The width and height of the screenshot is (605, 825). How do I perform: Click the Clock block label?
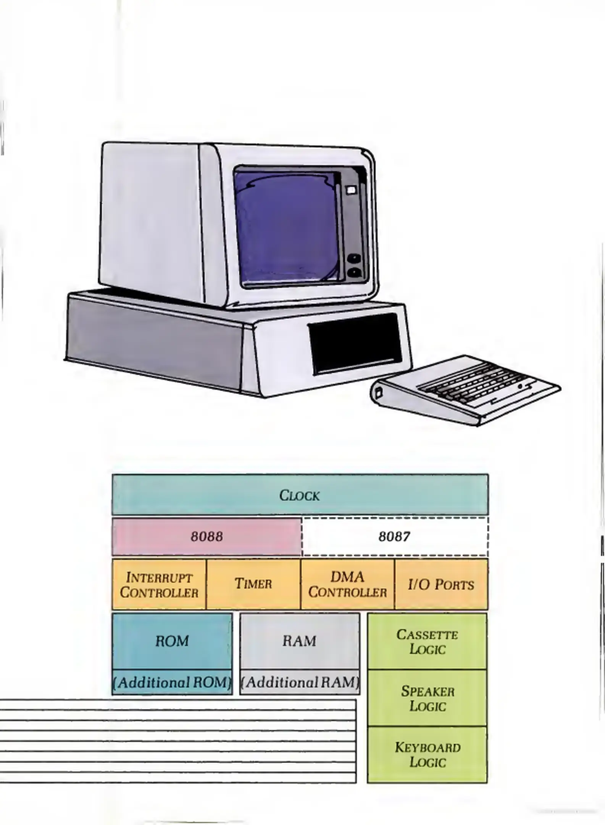coord(300,495)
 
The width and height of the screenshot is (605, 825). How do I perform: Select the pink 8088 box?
coord(207,536)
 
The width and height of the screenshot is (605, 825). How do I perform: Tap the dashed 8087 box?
coord(394,536)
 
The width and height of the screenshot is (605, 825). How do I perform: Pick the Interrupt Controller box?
coord(159,584)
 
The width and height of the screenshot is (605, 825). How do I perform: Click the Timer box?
coord(253,584)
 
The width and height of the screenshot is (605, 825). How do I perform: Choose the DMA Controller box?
coord(347,584)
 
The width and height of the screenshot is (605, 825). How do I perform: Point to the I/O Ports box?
coord(441,584)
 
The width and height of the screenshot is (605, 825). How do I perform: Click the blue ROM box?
coord(172,641)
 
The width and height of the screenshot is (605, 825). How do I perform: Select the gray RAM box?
coord(300,641)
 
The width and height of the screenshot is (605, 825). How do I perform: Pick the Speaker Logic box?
coord(428,698)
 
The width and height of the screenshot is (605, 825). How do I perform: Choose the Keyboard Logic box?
coord(428,755)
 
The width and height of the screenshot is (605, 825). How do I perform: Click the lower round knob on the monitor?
coord(354,272)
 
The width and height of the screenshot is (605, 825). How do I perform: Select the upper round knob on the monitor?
coord(354,258)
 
